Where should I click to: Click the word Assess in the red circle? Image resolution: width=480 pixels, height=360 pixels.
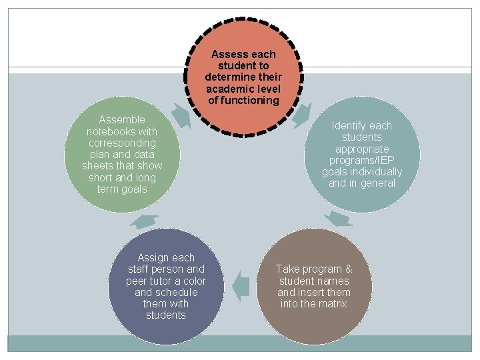point(228,54)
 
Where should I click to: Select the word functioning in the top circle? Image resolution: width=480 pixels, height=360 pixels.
point(252,101)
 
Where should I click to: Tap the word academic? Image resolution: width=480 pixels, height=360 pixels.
point(226,89)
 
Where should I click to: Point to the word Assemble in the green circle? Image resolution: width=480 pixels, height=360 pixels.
point(122,120)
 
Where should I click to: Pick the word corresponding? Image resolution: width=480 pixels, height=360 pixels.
point(122,143)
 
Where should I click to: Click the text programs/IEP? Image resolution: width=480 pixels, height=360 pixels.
point(363,161)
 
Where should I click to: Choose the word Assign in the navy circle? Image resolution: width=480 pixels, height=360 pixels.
point(153,258)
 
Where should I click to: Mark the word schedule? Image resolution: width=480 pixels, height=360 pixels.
point(175,293)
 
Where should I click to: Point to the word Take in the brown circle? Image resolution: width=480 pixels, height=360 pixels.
point(289,269)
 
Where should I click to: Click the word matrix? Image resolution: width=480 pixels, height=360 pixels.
point(333,304)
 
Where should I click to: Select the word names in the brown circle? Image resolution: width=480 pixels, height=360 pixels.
point(337,281)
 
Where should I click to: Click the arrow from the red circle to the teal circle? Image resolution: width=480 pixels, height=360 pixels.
point(301,115)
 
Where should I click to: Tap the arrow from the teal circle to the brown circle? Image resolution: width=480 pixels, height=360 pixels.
point(339,219)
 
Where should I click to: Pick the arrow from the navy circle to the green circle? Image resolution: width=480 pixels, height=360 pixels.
point(144,221)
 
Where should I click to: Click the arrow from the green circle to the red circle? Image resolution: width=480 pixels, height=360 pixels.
point(181,115)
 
